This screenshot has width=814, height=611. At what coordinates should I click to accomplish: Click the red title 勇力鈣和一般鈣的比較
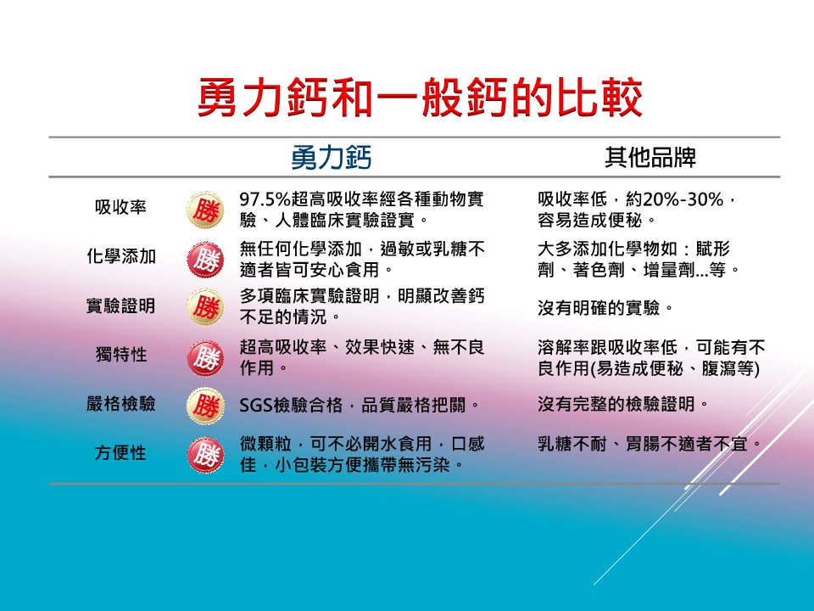[x=420, y=98]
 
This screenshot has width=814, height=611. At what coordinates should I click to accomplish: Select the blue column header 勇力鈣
[x=332, y=158]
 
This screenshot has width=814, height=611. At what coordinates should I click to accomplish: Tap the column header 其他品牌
[x=650, y=158]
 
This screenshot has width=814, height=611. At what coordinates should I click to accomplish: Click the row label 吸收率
[x=120, y=207]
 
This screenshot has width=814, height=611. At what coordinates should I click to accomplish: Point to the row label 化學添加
[x=121, y=256]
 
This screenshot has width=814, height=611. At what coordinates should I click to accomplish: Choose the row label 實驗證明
[x=121, y=305]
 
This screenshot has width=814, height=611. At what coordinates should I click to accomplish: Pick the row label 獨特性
[x=121, y=355]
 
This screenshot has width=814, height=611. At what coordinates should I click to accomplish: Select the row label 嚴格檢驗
[x=121, y=404]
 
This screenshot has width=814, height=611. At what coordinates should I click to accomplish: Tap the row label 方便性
[x=120, y=453]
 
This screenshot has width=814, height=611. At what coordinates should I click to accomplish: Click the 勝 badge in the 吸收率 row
[x=205, y=210]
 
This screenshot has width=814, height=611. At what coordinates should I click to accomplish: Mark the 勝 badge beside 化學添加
[x=205, y=260]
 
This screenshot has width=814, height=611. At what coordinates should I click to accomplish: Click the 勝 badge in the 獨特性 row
[x=205, y=358]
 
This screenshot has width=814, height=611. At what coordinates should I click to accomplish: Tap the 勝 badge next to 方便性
[x=205, y=455]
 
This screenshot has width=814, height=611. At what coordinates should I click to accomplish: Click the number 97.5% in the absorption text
[x=265, y=199]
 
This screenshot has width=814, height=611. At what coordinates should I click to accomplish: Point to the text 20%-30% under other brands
[x=683, y=199]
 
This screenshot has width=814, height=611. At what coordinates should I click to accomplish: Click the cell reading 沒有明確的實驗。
[x=605, y=308]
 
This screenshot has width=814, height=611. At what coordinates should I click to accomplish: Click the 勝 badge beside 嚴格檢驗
[x=205, y=406]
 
